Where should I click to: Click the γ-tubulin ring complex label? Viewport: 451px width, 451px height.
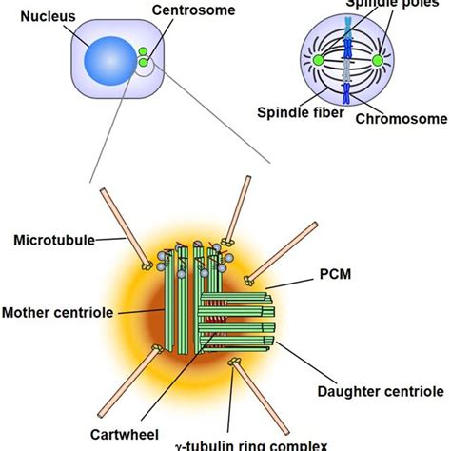point(250,444)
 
